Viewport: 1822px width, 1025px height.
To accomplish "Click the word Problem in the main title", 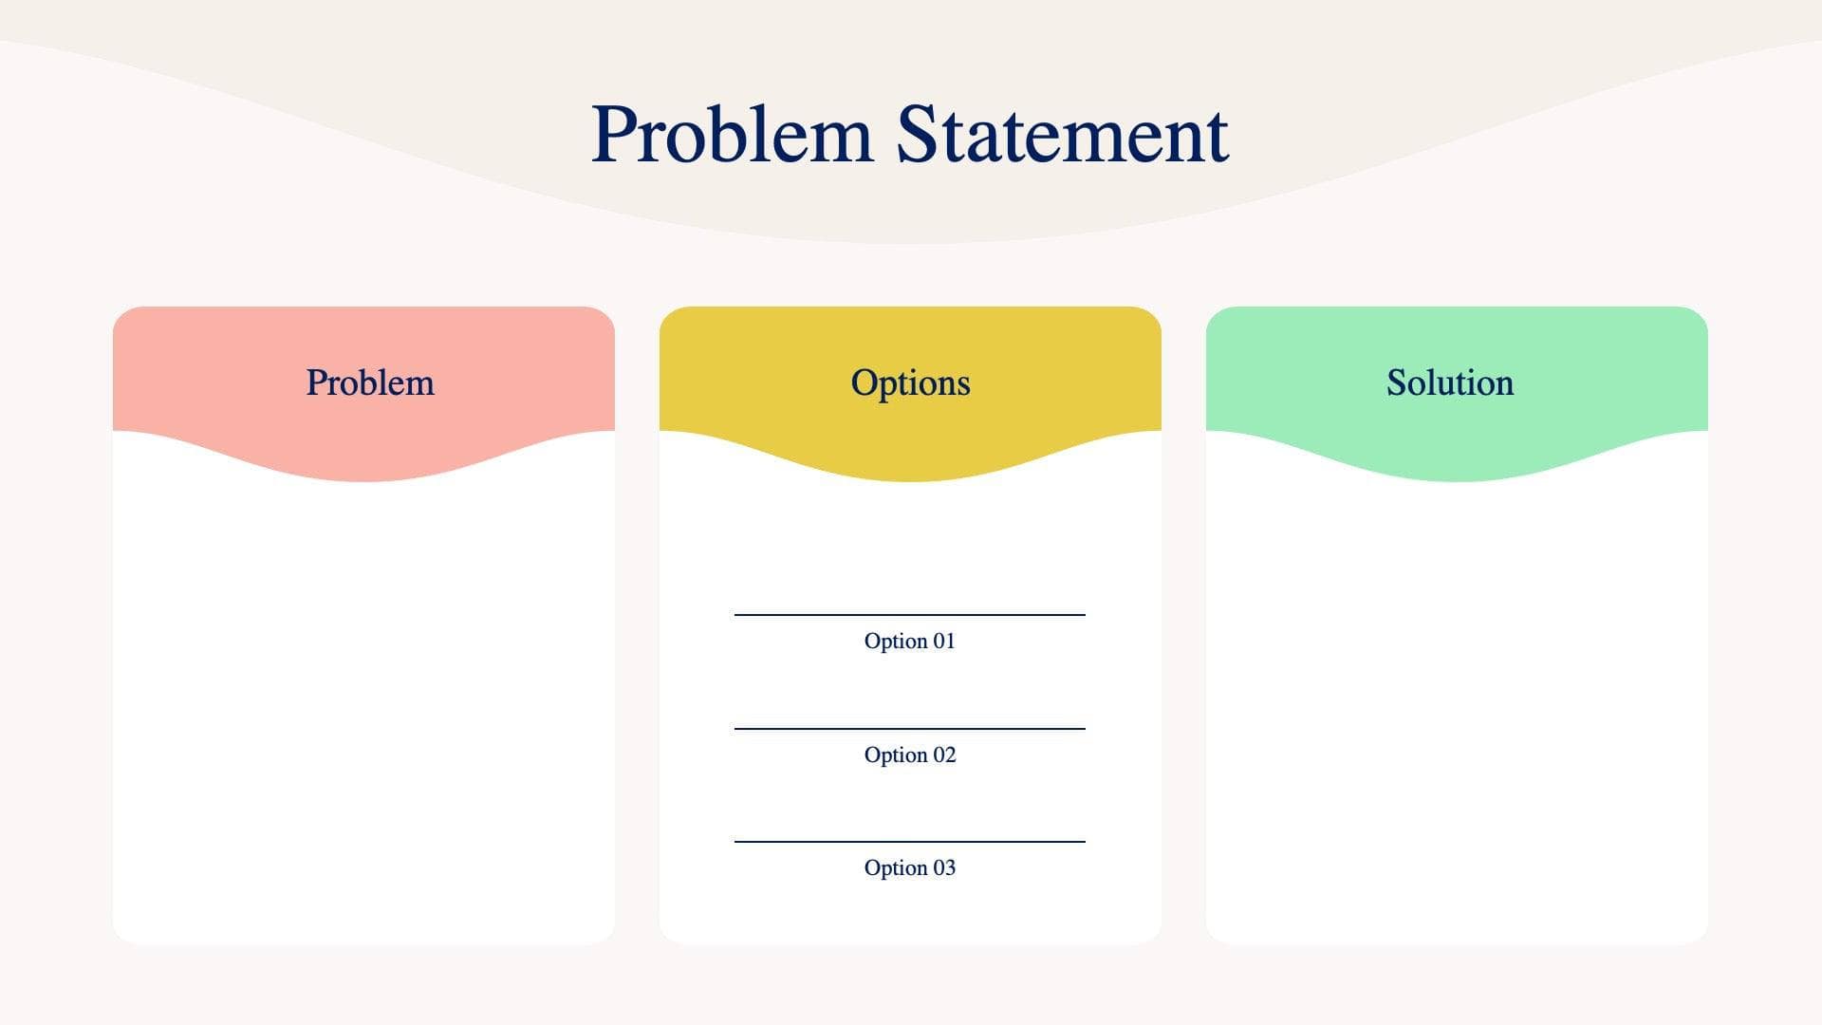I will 731,135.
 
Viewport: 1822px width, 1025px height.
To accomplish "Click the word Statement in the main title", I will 1062,135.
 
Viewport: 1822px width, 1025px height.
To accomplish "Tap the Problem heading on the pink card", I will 370,382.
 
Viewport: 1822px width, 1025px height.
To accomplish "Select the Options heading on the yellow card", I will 910,382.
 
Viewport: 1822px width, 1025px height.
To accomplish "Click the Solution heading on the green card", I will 1449,382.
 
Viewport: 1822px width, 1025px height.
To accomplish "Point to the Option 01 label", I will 909,641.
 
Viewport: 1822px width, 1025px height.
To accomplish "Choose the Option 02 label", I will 909,755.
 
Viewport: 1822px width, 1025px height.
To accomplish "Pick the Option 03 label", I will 909,867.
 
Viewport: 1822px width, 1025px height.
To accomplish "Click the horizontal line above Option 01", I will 909,615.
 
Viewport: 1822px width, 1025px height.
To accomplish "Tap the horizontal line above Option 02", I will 909,729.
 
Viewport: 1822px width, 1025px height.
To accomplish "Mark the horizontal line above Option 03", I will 909,842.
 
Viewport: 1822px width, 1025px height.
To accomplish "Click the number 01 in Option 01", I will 944,641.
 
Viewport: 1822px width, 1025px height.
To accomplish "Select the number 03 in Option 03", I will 944,867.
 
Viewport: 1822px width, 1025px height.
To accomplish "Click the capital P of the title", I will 614,135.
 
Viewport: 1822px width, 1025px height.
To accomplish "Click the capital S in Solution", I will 1397,382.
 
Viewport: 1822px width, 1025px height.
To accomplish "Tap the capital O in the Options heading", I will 864,382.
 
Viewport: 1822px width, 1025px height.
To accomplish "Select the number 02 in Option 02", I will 944,755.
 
